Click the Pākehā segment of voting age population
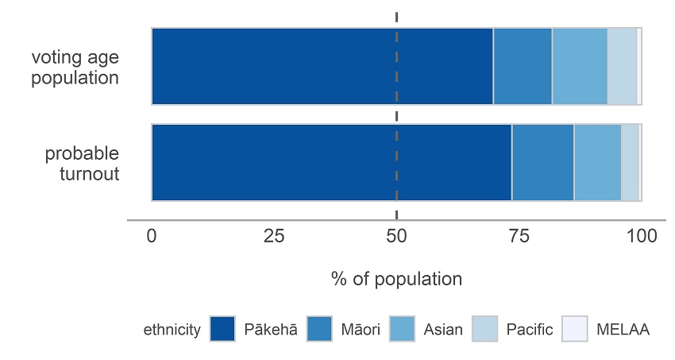pos(322,66)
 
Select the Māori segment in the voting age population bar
pos(523,66)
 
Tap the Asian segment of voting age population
pos(580,66)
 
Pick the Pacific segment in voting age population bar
pos(622,66)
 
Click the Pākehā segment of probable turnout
pos(331,162)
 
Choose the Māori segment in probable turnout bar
pos(542,162)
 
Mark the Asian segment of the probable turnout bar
pos(597,162)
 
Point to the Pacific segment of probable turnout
pos(630,162)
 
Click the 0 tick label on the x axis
pos(152,236)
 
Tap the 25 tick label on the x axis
pos(274,236)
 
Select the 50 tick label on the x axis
pos(396,236)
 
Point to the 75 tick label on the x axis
pos(519,236)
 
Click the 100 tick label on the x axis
pos(642,236)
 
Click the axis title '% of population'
pos(396,280)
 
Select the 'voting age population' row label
pos(75,68)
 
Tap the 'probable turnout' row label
pos(82,163)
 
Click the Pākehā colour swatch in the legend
pos(223,329)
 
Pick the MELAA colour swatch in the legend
pos(575,329)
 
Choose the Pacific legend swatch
pos(484,329)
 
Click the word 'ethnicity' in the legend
pos(172,330)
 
